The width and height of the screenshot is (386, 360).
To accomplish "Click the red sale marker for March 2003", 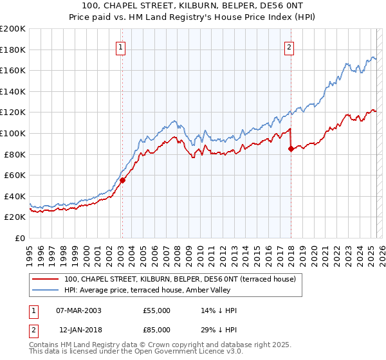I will pyautogui.click(x=122, y=181).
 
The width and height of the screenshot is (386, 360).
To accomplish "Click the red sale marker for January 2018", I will pyautogui.click(x=291, y=148).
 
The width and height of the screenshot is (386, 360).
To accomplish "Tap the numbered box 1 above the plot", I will pyautogui.click(x=122, y=47).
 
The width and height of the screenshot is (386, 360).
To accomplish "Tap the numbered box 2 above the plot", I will pyautogui.click(x=289, y=47).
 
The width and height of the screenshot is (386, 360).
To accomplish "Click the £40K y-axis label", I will pyautogui.click(x=15, y=196).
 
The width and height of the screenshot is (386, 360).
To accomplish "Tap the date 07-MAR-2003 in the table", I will pyautogui.click(x=79, y=310).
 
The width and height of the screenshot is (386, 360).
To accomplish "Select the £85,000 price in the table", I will pyautogui.click(x=157, y=329).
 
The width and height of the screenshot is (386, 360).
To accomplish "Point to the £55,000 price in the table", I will pyautogui.click(x=157, y=310).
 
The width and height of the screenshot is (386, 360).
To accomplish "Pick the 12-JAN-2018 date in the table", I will pyautogui.click(x=79, y=329).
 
